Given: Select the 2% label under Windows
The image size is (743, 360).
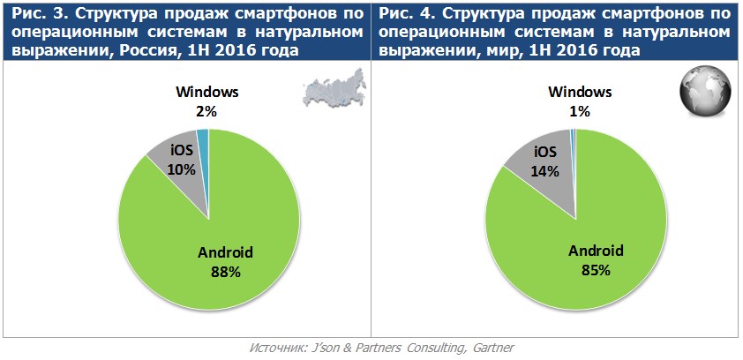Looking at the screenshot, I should (207, 110).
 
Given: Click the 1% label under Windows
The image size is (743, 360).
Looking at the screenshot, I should (580, 110).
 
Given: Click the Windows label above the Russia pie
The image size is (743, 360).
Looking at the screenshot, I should (207, 92).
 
